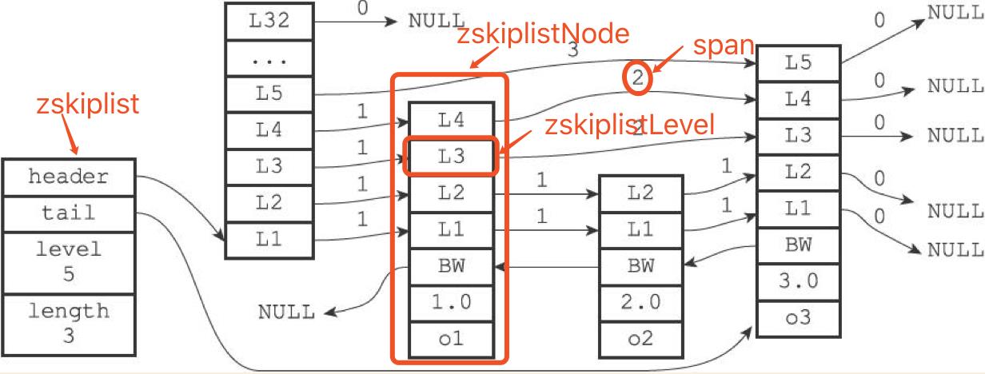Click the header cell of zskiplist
[x=69, y=177]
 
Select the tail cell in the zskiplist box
[x=69, y=213]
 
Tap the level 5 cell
[x=69, y=262]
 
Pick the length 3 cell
[x=69, y=324]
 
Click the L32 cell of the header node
[x=269, y=21]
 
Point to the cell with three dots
[x=269, y=58]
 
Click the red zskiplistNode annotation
[x=543, y=34]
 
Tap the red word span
[x=724, y=46]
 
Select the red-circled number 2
[x=638, y=78]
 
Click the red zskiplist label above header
[x=87, y=104]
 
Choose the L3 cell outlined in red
[x=451, y=157]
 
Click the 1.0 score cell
[x=452, y=303]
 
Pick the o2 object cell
[x=641, y=339]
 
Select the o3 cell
[x=799, y=319]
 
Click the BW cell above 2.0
[x=641, y=266]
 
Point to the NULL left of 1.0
[x=286, y=312]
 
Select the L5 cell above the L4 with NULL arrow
[x=799, y=63]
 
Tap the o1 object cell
[x=452, y=340]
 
